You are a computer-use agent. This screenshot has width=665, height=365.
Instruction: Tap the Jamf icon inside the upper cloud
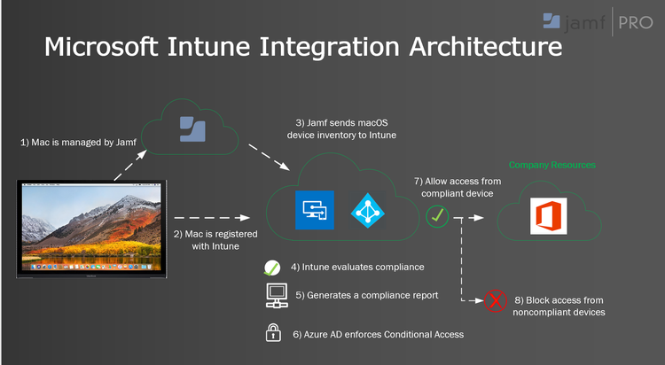click(x=193, y=128)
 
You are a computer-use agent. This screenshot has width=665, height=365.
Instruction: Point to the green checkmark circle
click(x=436, y=214)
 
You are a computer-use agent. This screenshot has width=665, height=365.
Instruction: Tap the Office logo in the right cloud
click(x=547, y=216)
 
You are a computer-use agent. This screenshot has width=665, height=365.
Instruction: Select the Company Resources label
click(x=552, y=165)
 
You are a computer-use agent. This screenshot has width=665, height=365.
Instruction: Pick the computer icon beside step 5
click(x=273, y=295)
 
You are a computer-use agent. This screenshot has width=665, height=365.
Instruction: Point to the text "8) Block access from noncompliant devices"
click(x=560, y=305)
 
